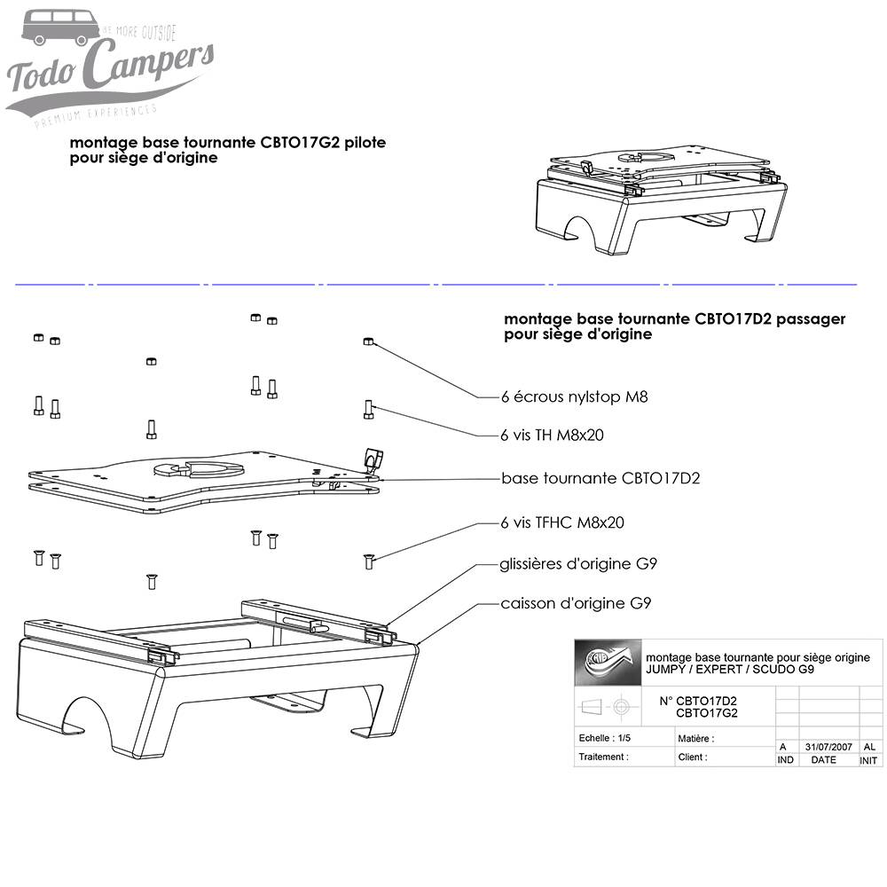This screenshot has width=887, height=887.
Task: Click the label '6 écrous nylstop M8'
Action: (574, 396)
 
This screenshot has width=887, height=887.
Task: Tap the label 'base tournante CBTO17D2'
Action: (600, 478)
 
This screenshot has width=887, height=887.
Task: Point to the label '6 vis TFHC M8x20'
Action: (561, 522)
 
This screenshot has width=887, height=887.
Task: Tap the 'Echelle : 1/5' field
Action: (605, 738)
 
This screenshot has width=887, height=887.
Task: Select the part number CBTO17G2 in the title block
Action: (706, 712)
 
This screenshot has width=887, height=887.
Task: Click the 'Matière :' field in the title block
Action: (696, 738)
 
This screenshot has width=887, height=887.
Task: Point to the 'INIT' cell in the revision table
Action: (869, 760)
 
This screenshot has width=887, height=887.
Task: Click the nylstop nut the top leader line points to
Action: (367, 341)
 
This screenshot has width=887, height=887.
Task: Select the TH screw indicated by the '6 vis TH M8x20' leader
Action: (368, 409)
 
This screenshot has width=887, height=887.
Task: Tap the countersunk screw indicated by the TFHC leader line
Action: (368, 561)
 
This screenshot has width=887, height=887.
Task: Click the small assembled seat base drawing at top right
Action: (656, 199)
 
